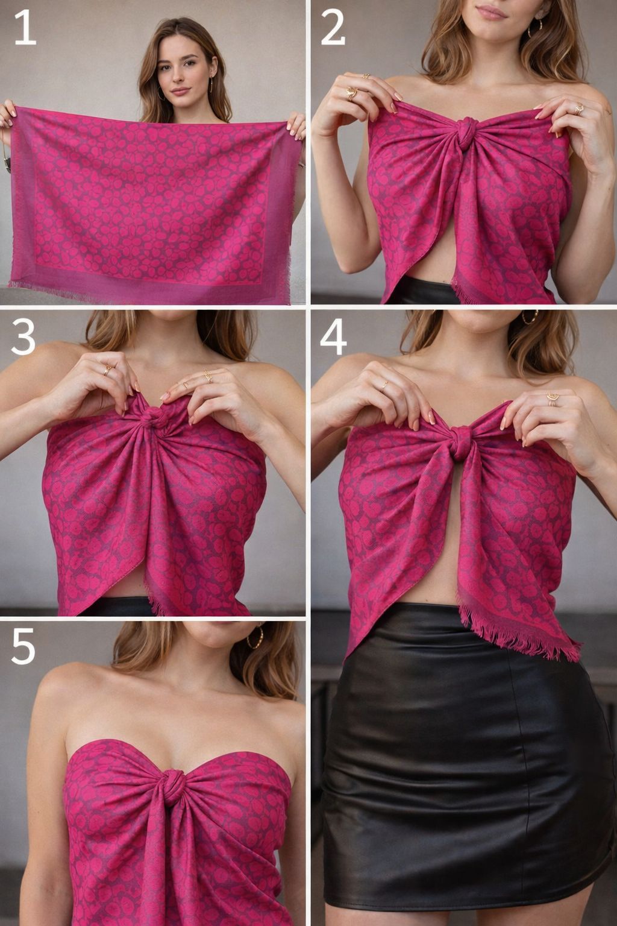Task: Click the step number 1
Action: pos(25,28)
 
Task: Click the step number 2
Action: pos(333,28)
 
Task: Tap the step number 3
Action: pos(23,338)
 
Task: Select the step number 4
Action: pos(333,338)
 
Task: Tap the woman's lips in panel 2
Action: pos(491,13)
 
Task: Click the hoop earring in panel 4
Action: pos(530,317)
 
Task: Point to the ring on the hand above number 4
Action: pos(384,384)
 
